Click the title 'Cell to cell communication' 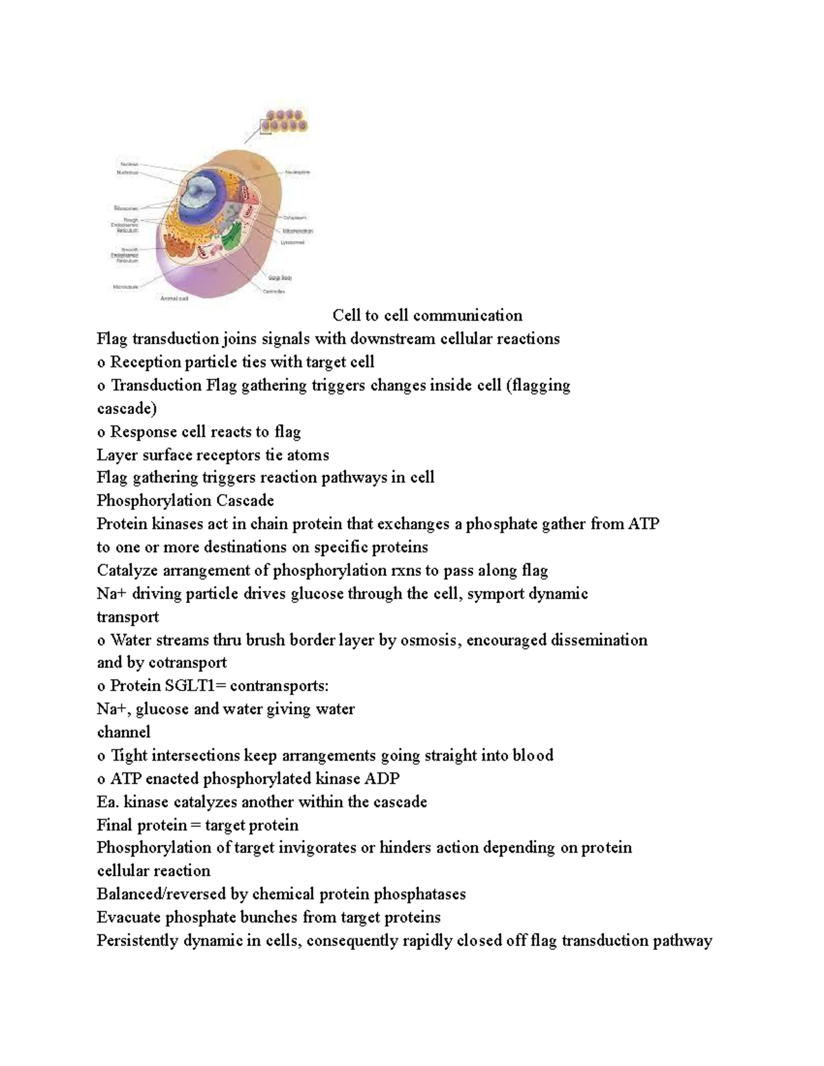click(427, 316)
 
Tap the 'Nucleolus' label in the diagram click(127, 173)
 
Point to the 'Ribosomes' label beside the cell click(126, 208)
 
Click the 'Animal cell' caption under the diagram click(174, 299)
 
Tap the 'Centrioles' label click(275, 292)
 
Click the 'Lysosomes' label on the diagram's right click(293, 242)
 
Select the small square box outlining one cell click(266, 126)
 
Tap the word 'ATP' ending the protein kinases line click(643, 524)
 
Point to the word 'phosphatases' click(424, 894)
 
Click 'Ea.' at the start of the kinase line click(108, 802)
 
